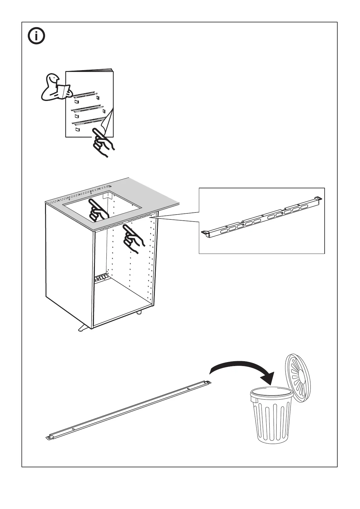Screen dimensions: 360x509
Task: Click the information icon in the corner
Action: [x=36, y=36]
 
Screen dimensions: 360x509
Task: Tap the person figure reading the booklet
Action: [x=54, y=88]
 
